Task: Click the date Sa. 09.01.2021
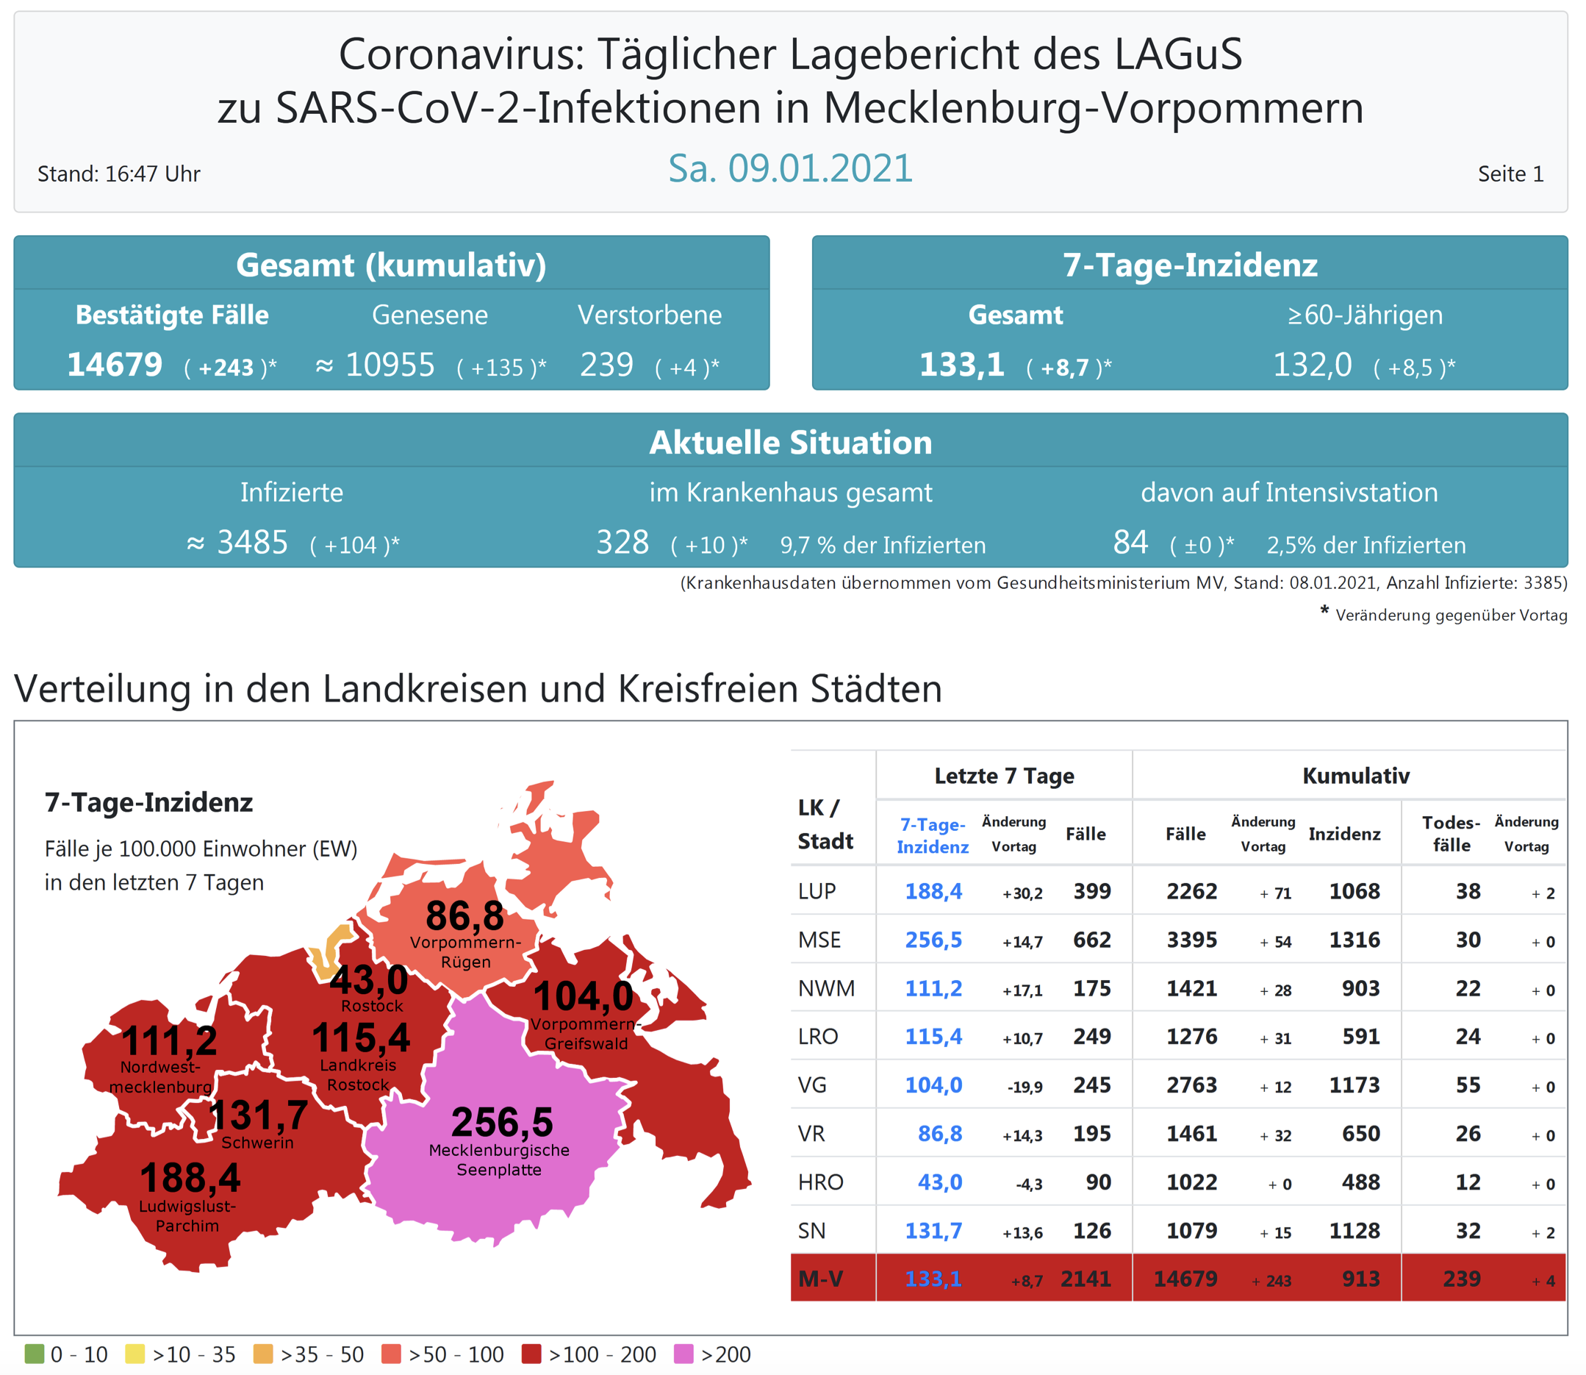pyautogui.click(x=790, y=168)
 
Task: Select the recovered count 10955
pyautogui.click(x=390, y=365)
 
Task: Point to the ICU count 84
pyautogui.click(x=1130, y=543)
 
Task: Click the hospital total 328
pyautogui.click(x=622, y=543)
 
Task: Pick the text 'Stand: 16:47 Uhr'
pyautogui.click(x=119, y=174)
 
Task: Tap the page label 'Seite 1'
pyautogui.click(x=1510, y=174)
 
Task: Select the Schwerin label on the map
pyautogui.click(x=257, y=1143)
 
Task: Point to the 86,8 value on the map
pyautogui.click(x=464, y=915)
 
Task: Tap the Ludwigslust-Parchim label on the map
pyautogui.click(x=187, y=1215)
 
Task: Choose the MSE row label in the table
pyautogui.click(x=819, y=940)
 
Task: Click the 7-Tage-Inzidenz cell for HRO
pyautogui.click(x=939, y=1182)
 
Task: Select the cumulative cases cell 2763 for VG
pyautogui.click(x=1191, y=1085)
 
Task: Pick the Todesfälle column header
pyautogui.click(x=1450, y=833)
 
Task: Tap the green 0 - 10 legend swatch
pyautogui.click(x=35, y=1354)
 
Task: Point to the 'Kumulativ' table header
pyautogui.click(x=1355, y=776)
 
